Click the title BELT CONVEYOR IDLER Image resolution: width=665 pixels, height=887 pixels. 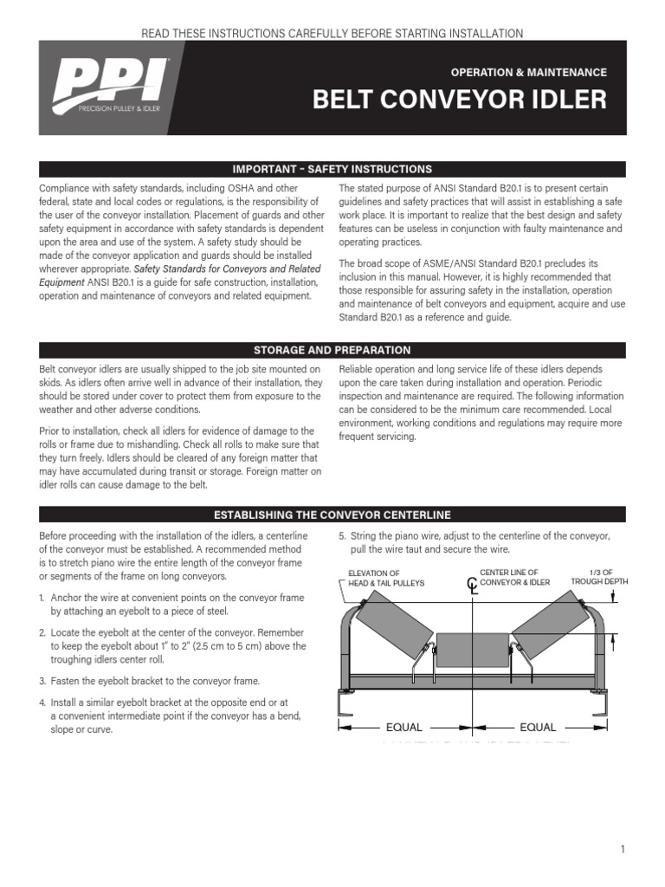coord(459,100)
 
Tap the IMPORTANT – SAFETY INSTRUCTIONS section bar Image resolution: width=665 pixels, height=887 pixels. coord(332,169)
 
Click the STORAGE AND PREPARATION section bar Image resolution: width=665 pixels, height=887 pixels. coord(332,350)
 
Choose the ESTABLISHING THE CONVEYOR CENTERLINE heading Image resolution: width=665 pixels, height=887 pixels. coord(332,514)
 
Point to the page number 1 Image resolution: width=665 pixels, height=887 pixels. coord(623,849)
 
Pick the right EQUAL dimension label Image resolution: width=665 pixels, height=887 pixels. coord(538,728)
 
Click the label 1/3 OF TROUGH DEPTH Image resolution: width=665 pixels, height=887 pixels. coord(597,578)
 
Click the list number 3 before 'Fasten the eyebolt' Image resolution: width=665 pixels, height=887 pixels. coord(42,681)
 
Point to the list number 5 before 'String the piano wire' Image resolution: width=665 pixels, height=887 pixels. coord(342,535)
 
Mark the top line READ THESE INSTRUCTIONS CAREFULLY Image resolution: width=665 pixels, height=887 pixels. coord(332,33)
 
